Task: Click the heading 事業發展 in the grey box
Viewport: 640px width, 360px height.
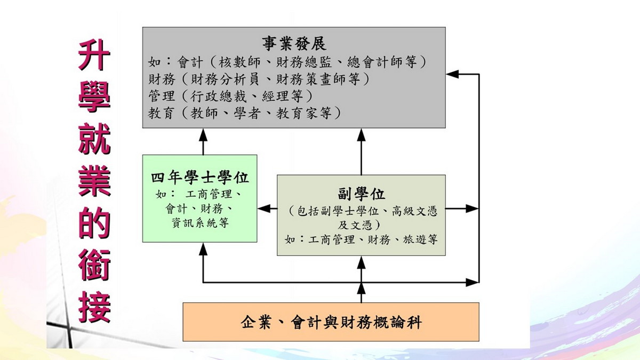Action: tap(294, 43)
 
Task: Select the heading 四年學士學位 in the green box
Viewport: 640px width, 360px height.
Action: tap(200, 177)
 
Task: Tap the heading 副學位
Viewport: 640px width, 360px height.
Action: tap(362, 194)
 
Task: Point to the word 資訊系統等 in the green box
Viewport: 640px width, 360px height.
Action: tap(200, 223)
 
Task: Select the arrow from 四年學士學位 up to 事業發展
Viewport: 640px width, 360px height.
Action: tap(203, 141)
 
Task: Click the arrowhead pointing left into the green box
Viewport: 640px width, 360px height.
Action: tap(262, 209)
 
